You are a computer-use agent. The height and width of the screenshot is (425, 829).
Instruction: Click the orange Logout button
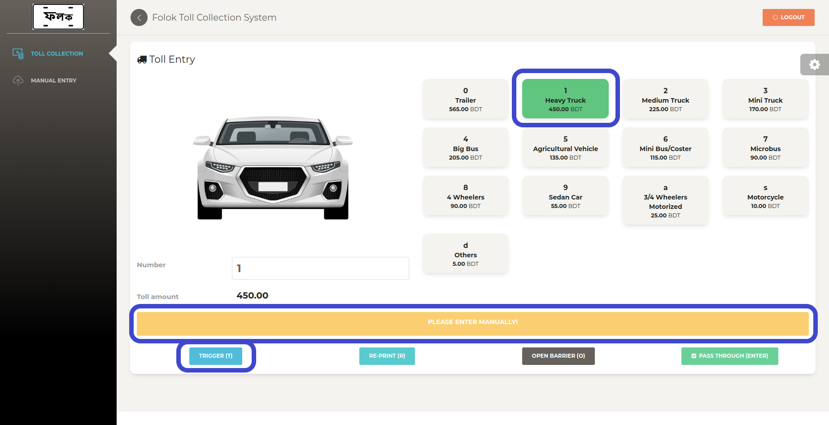point(788,17)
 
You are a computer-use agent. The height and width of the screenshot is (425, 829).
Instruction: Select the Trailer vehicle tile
point(466,99)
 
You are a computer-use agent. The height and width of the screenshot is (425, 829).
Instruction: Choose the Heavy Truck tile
point(565,99)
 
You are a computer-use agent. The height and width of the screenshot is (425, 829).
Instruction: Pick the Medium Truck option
point(665,99)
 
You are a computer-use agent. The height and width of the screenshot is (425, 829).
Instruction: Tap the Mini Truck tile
point(765,99)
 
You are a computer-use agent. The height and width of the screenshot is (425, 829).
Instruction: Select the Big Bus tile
point(466,147)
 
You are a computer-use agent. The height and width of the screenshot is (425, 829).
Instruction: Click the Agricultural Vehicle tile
point(565,147)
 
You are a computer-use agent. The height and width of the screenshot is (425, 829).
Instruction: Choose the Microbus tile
point(765,147)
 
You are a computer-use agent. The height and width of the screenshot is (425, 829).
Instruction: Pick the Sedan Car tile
point(565,196)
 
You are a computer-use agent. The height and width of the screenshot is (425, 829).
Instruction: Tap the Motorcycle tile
point(765,196)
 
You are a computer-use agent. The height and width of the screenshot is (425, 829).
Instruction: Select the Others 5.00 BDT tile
point(466,254)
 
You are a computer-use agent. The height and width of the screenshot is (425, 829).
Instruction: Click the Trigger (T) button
point(216,356)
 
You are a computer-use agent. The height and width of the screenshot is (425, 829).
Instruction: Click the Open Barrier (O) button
point(558,356)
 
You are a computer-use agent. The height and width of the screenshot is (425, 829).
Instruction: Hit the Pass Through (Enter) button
point(730,356)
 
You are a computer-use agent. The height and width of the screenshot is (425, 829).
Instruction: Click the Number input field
point(320,268)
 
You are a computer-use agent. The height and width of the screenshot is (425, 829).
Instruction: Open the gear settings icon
point(815,65)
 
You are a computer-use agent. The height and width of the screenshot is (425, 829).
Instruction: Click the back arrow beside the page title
point(139,17)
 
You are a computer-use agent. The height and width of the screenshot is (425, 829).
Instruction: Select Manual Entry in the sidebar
point(54,81)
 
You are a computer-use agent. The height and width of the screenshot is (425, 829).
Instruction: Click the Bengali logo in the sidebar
point(58,17)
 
